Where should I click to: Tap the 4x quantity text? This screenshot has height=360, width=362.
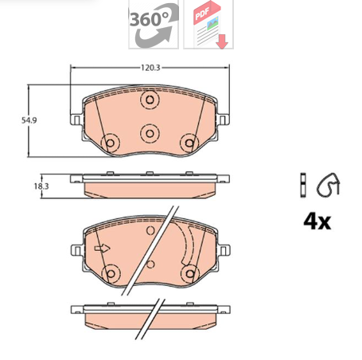click(316, 221)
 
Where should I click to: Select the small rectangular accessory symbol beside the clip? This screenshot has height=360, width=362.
click(303, 184)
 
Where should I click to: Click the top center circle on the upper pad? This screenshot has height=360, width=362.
click(150, 101)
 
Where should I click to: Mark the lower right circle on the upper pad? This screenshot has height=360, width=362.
click(189, 143)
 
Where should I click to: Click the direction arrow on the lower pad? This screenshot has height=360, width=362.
click(102, 248)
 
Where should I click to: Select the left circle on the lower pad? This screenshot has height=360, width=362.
click(111, 273)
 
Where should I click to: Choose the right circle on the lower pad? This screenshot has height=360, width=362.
click(189, 273)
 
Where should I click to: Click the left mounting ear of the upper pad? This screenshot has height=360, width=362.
click(76, 121)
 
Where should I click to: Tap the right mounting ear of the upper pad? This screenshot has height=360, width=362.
click(224, 121)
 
